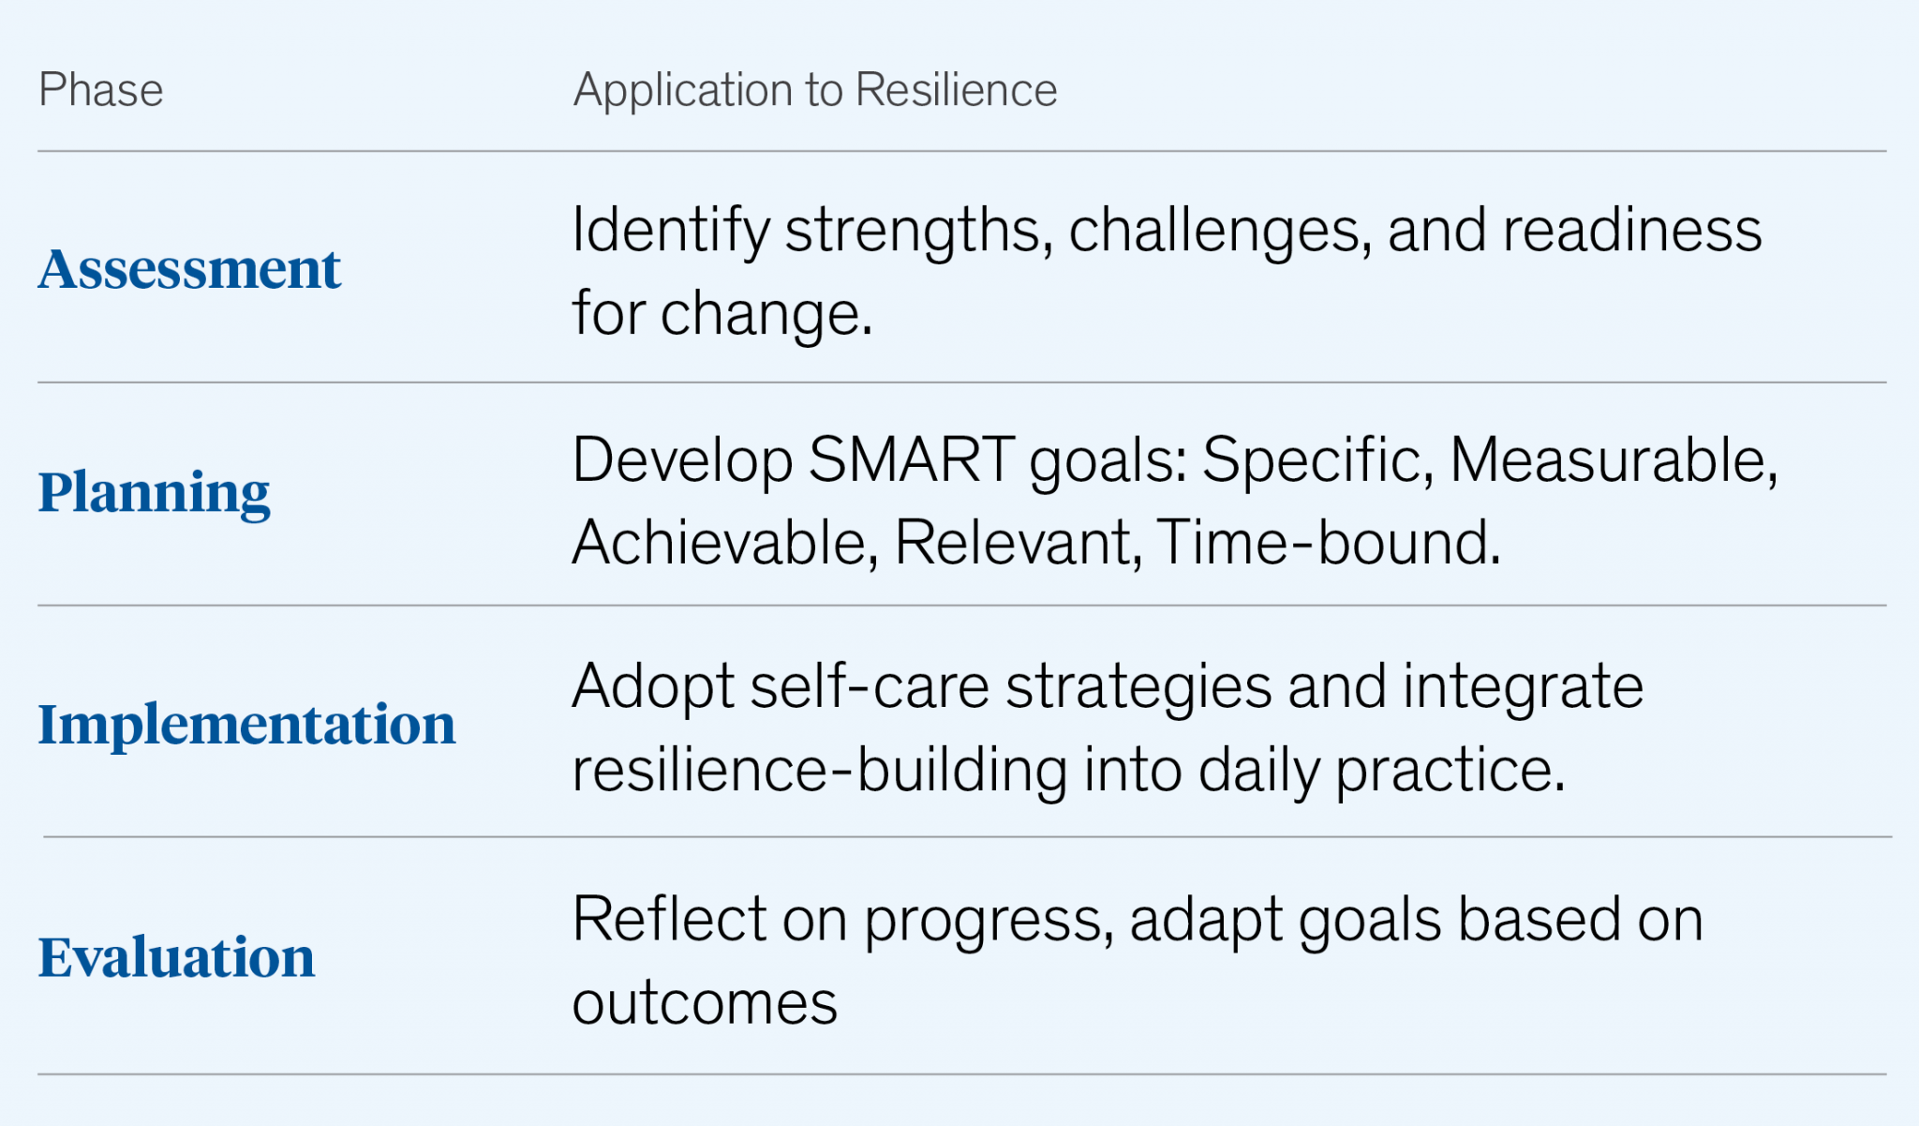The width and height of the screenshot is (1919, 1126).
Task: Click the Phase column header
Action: click(x=101, y=91)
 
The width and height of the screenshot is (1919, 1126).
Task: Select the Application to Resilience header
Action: click(x=814, y=91)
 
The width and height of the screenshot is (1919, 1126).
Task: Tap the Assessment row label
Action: click(x=189, y=269)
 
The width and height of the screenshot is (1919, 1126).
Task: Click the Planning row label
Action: click(x=154, y=492)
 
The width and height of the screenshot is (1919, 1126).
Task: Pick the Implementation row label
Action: click(x=246, y=725)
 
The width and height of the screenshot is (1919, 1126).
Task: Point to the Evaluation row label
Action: click(x=176, y=957)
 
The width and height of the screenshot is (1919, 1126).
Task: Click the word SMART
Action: click(x=911, y=460)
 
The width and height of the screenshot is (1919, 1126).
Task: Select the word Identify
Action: click(x=670, y=232)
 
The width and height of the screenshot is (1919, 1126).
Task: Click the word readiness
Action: click(x=1631, y=231)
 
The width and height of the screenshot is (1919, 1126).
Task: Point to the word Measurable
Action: click(x=1613, y=460)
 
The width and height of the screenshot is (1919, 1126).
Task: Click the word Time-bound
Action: click(x=1328, y=543)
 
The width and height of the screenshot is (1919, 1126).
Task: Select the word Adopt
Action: click(x=652, y=687)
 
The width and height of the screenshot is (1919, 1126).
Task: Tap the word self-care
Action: click(x=869, y=687)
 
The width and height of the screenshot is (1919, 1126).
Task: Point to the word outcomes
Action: click(x=704, y=1003)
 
